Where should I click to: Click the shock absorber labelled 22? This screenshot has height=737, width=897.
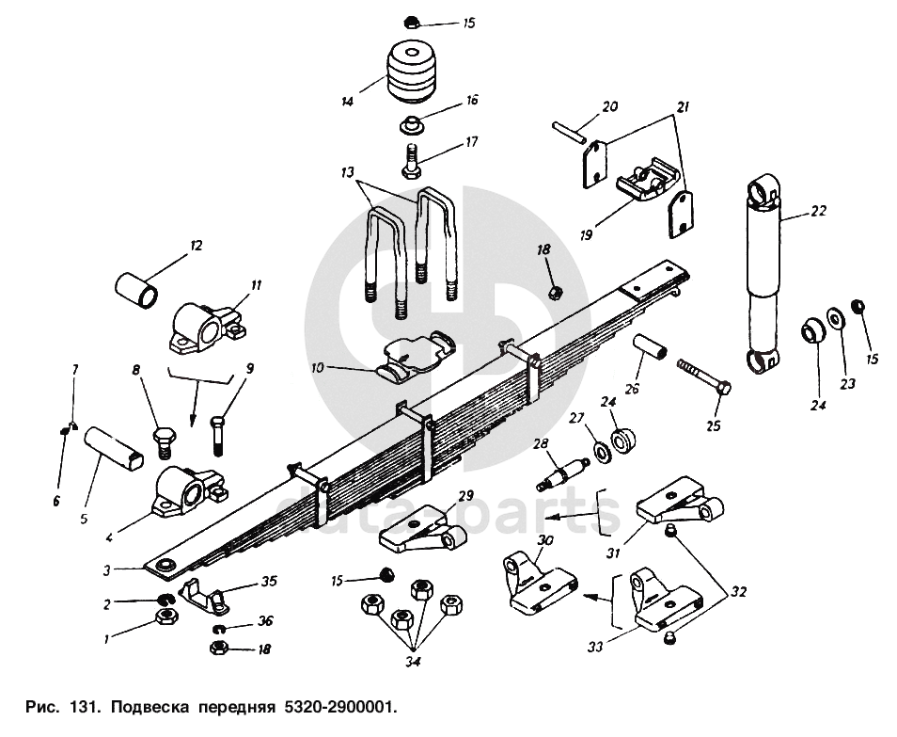click(x=763, y=274)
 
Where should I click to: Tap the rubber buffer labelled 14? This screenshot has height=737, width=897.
click(x=411, y=72)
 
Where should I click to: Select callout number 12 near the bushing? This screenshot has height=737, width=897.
click(x=197, y=247)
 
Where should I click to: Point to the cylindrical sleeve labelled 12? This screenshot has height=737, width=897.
click(x=136, y=290)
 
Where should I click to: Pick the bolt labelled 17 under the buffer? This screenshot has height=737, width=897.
click(x=411, y=162)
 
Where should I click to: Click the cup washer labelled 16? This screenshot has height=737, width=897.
click(x=411, y=125)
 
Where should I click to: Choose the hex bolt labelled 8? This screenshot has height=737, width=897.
click(x=165, y=442)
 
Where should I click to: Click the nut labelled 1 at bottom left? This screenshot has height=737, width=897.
click(x=167, y=617)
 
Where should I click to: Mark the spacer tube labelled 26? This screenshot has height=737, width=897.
click(x=651, y=348)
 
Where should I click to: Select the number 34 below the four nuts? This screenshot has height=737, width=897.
click(x=413, y=662)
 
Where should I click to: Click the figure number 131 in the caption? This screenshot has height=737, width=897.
click(x=86, y=707)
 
